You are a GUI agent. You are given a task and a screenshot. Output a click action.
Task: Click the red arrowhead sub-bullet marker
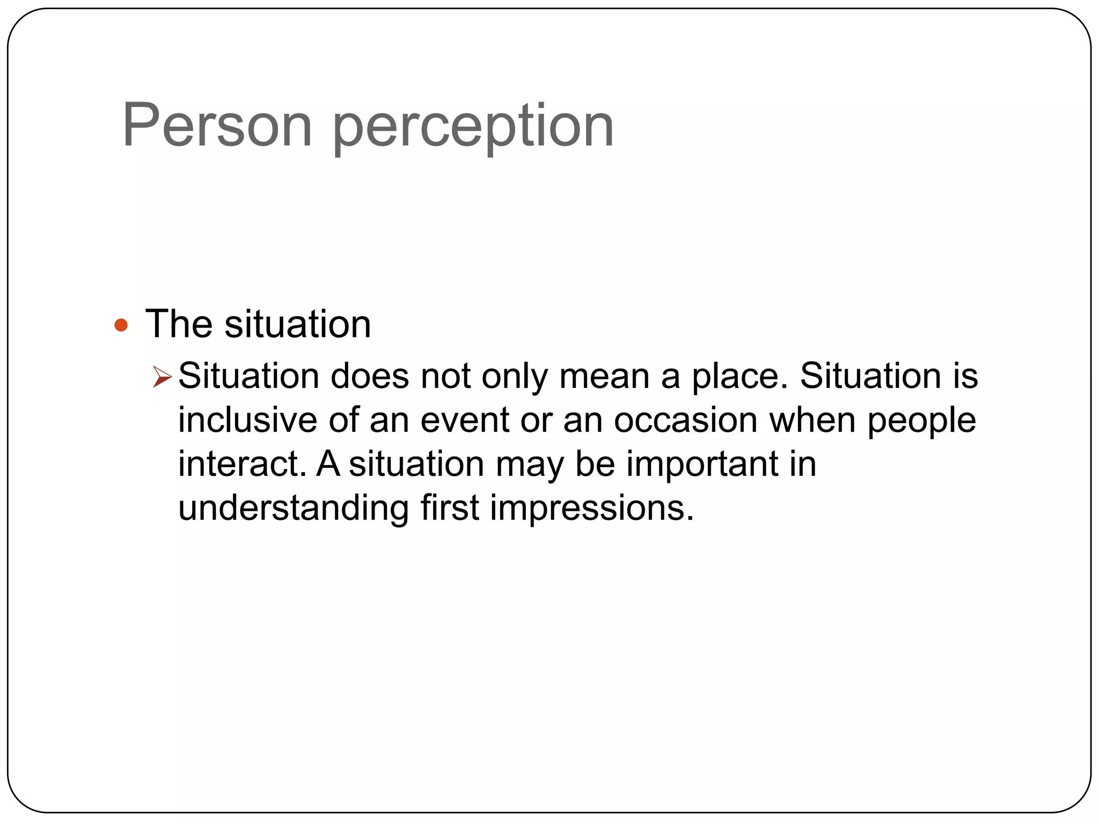[162, 376]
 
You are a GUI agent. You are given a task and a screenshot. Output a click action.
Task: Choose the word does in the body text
[370, 376]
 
